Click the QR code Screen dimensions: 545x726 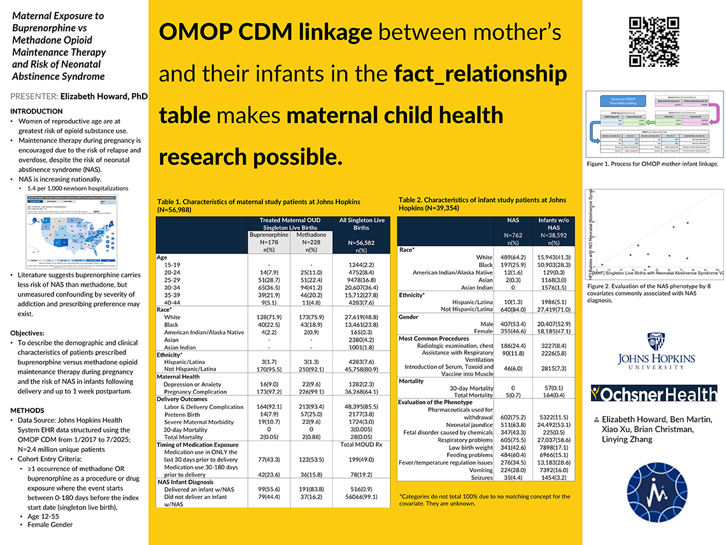[654, 42]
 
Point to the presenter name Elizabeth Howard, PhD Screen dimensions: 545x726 [104, 96]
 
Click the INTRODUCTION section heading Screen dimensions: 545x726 [36, 111]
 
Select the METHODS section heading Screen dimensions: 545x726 [27, 411]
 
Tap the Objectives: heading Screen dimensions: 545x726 [27, 333]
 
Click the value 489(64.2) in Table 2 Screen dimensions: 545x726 [510, 257]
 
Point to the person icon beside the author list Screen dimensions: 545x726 [595, 419]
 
